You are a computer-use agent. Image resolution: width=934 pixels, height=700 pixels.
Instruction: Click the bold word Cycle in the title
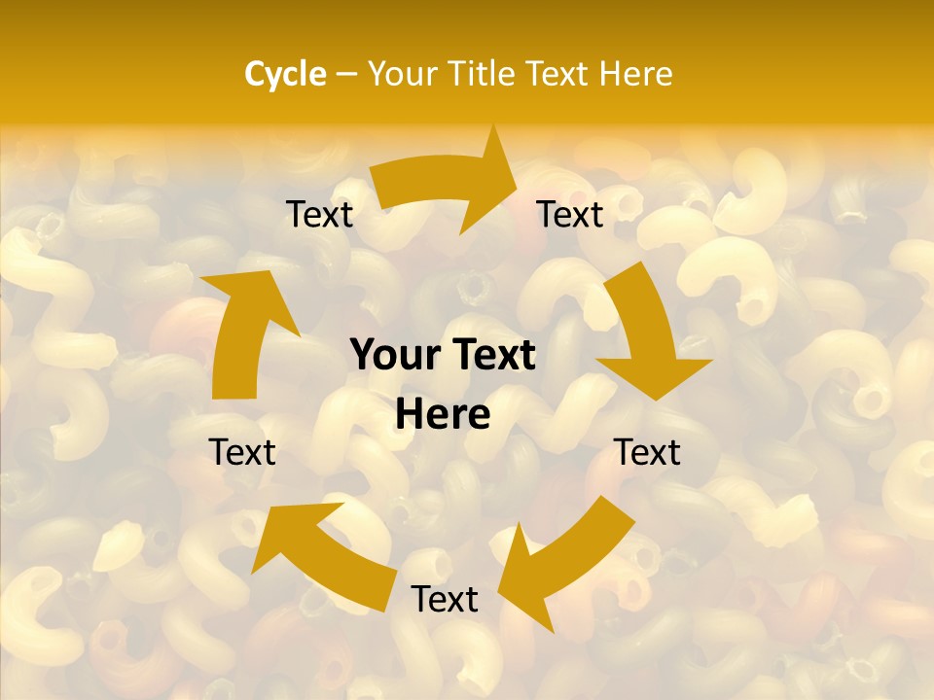[285, 74]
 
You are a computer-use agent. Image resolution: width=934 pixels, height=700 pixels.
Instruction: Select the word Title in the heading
[486, 74]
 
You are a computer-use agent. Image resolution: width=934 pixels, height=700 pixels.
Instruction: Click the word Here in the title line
[637, 74]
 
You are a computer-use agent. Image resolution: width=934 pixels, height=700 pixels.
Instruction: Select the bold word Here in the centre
[443, 415]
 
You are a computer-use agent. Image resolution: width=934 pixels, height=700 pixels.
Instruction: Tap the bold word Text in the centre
[492, 356]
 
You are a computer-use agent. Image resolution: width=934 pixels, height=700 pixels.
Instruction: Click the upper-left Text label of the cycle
[319, 215]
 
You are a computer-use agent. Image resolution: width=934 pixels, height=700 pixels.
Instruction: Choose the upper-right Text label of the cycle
[570, 215]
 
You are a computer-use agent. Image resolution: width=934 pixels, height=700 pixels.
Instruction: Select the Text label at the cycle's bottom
[445, 600]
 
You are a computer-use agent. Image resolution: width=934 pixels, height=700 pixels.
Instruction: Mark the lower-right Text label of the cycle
[647, 452]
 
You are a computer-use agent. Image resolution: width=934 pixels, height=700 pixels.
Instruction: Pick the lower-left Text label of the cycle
[242, 452]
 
